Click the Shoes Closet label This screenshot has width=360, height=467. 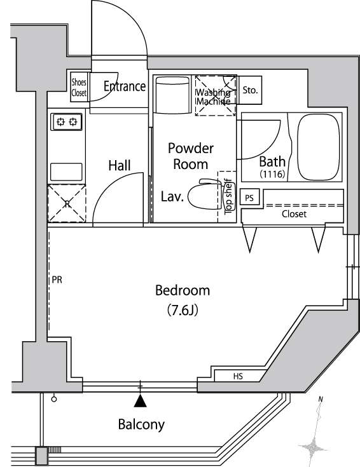(x=79, y=88)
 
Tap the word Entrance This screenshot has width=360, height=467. (x=125, y=86)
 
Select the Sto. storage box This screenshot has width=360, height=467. (x=250, y=90)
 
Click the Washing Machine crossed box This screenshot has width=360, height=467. (x=216, y=95)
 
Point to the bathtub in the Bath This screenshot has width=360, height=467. (x=319, y=147)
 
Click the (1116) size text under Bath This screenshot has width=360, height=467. (x=273, y=173)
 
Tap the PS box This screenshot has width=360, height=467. (x=249, y=198)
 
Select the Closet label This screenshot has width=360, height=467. (x=294, y=214)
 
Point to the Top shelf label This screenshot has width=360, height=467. (x=229, y=196)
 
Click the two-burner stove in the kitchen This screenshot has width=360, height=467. (x=67, y=122)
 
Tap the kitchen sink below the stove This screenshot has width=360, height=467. (x=66, y=172)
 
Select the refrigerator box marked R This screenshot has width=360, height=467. (x=67, y=203)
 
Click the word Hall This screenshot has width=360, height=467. (x=120, y=165)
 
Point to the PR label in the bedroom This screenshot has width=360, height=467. (x=57, y=280)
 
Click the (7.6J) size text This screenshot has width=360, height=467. (x=183, y=310)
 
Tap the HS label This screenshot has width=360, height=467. (x=238, y=376)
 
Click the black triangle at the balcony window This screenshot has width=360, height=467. (x=140, y=401)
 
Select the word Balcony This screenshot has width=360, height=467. (x=141, y=424)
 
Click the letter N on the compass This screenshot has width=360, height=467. (x=321, y=399)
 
